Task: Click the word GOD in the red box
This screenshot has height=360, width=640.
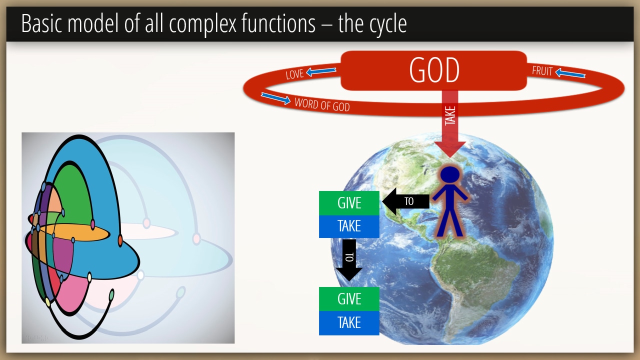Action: pyautogui.click(x=434, y=70)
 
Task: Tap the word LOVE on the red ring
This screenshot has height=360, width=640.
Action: pyautogui.click(x=294, y=74)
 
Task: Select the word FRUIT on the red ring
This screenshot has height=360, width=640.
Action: pyautogui.click(x=542, y=71)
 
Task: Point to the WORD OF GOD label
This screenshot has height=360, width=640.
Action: pyautogui.click(x=322, y=104)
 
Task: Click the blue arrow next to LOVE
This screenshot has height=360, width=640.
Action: pyautogui.click(x=321, y=71)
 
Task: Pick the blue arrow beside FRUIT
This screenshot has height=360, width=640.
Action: pyautogui.click(x=570, y=73)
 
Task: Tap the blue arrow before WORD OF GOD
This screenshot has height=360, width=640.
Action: pyautogui.click(x=275, y=98)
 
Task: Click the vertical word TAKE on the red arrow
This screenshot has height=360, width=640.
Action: pyautogui.click(x=450, y=115)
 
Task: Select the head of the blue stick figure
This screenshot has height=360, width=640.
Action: pyautogui.click(x=450, y=174)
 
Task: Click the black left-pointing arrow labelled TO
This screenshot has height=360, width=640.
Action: pyautogui.click(x=405, y=201)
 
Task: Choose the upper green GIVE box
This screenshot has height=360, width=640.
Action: pyautogui.click(x=349, y=203)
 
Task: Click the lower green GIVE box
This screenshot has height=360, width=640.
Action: pyautogui.click(x=349, y=299)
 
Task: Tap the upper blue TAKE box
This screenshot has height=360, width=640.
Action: pyautogui.click(x=349, y=226)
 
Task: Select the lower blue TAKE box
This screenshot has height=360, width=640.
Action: pyautogui.click(x=349, y=323)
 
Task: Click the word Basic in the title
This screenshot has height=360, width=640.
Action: pyautogui.click(x=41, y=23)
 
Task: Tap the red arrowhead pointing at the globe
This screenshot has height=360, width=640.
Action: pyautogui.click(x=450, y=149)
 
